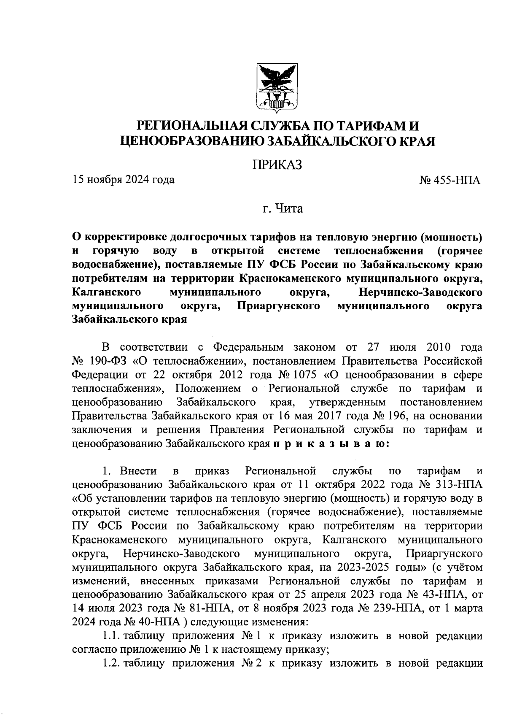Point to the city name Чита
coord(288,208)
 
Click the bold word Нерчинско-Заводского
coord(420,292)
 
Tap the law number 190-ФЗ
coord(105,362)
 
